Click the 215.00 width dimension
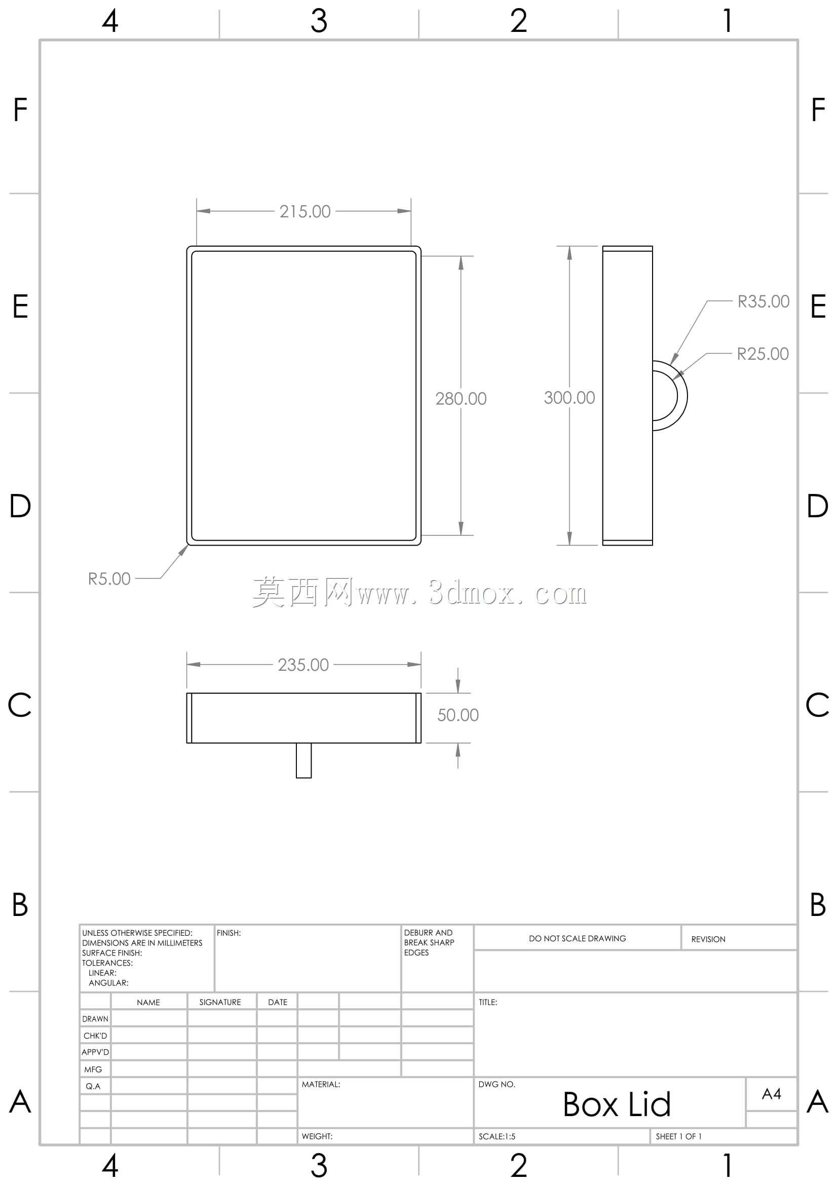pyautogui.click(x=305, y=212)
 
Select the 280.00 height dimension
pyautogui.click(x=461, y=398)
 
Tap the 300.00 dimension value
pyautogui.click(x=569, y=397)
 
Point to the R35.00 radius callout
pyautogui.click(x=763, y=301)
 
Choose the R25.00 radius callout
pyautogui.click(x=763, y=354)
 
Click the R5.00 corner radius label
pyautogui.click(x=109, y=579)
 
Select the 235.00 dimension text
pyautogui.click(x=303, y=665)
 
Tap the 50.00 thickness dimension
pyautogui.click(x=458, y=715)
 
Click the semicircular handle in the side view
pyautogui.click(x=687, y=396)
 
